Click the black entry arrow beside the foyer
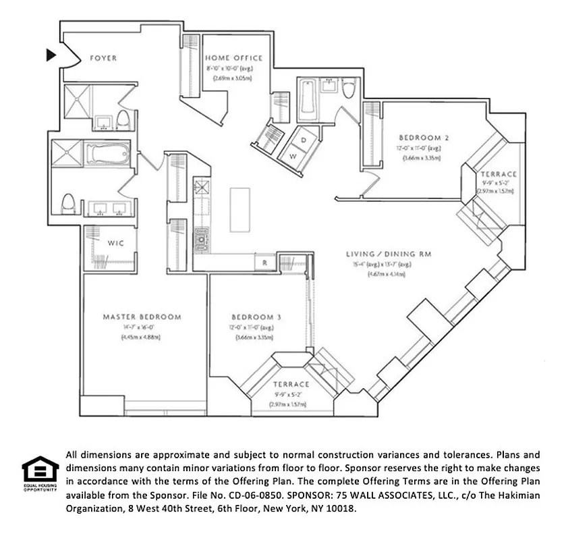pos(51,55)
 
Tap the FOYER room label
pos(103,59)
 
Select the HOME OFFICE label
pos(234,59)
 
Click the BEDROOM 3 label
pos(256,317)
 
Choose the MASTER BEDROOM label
pos(142,317)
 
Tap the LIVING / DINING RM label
pos(388,254)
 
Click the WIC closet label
pos(115,243)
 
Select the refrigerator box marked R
pos(265,262)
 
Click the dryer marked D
pos(304,139)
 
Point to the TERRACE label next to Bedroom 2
pos(499,173)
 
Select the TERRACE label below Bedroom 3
pos(291,384)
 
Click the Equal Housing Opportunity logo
pos(40,473)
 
